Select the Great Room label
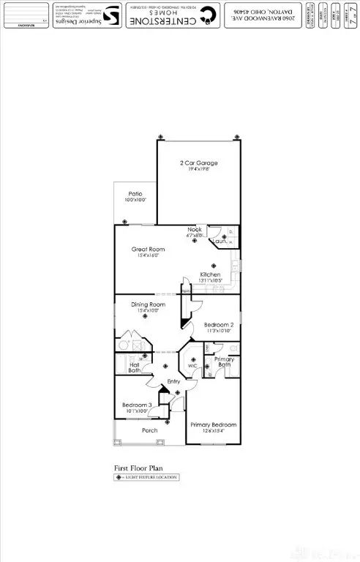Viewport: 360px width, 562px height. tap(149, 249)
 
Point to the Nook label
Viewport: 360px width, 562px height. tap(195, 230)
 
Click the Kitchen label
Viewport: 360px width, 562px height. tap(211, 274)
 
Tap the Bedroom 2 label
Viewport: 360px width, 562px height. tap(219, 324)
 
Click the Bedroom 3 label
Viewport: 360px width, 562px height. tap(138, 405)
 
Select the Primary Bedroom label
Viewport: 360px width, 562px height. tap(214, 424)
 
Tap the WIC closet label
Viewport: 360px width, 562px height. tap(192, 366)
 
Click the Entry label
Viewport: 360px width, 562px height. tap(173, 381)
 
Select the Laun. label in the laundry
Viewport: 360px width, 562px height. tap(218, 241)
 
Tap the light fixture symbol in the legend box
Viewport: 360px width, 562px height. tap(119, 477)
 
